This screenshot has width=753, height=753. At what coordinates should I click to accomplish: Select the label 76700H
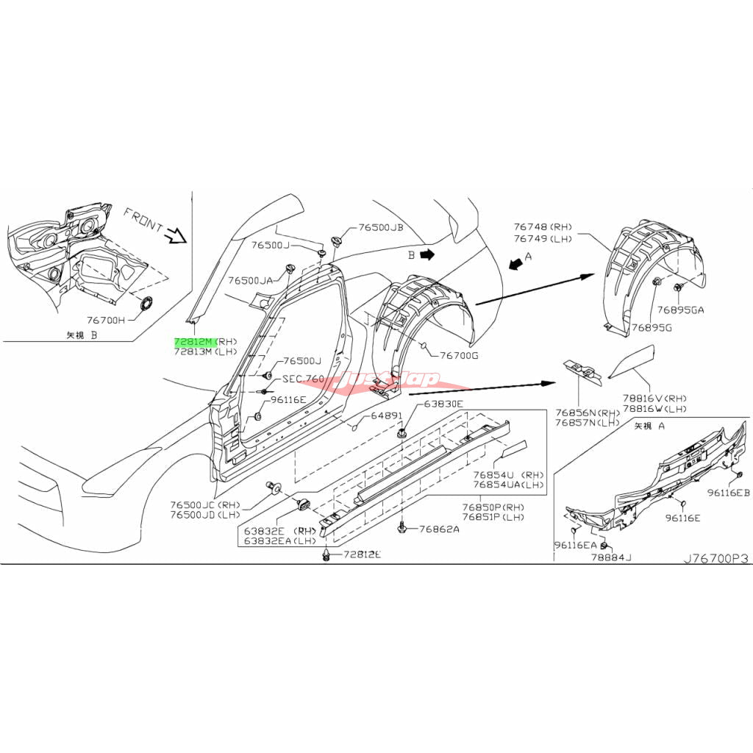106,320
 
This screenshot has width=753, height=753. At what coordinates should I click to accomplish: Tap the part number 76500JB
381,228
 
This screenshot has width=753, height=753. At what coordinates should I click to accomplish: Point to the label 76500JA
250,280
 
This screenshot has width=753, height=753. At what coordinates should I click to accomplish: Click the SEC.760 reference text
303,379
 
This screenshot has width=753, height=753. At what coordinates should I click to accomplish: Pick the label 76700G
459,356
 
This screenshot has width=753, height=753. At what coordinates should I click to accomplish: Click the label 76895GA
681,310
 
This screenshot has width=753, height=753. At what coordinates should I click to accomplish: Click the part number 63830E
443,404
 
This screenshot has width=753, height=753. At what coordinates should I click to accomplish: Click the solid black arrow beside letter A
517,265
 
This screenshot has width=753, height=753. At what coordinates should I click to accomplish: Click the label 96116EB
728,493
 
